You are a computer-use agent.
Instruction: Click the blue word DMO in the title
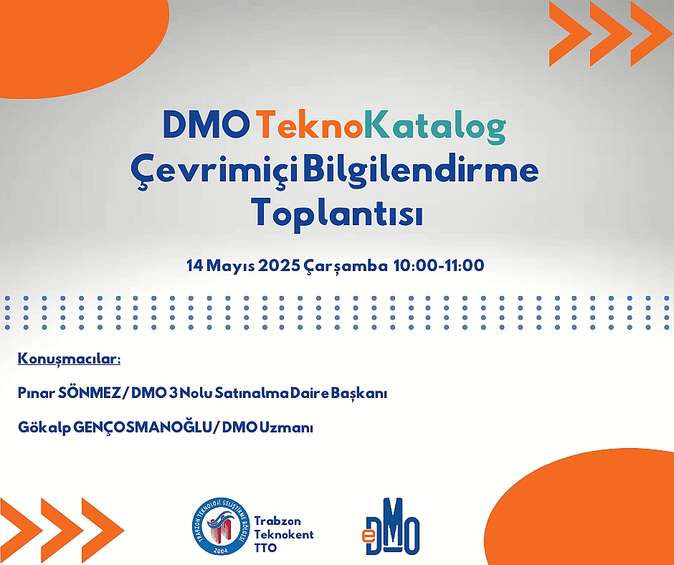point(207,125)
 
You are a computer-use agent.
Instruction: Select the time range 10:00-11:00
point(439,265)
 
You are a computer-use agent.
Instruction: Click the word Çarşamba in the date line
point(346,266)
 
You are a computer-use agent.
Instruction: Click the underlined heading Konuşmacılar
point(69,359)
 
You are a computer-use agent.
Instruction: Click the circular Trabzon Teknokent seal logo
point(221,526)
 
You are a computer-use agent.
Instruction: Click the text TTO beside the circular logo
point(265,549)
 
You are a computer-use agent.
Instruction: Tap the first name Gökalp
point(44,428)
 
